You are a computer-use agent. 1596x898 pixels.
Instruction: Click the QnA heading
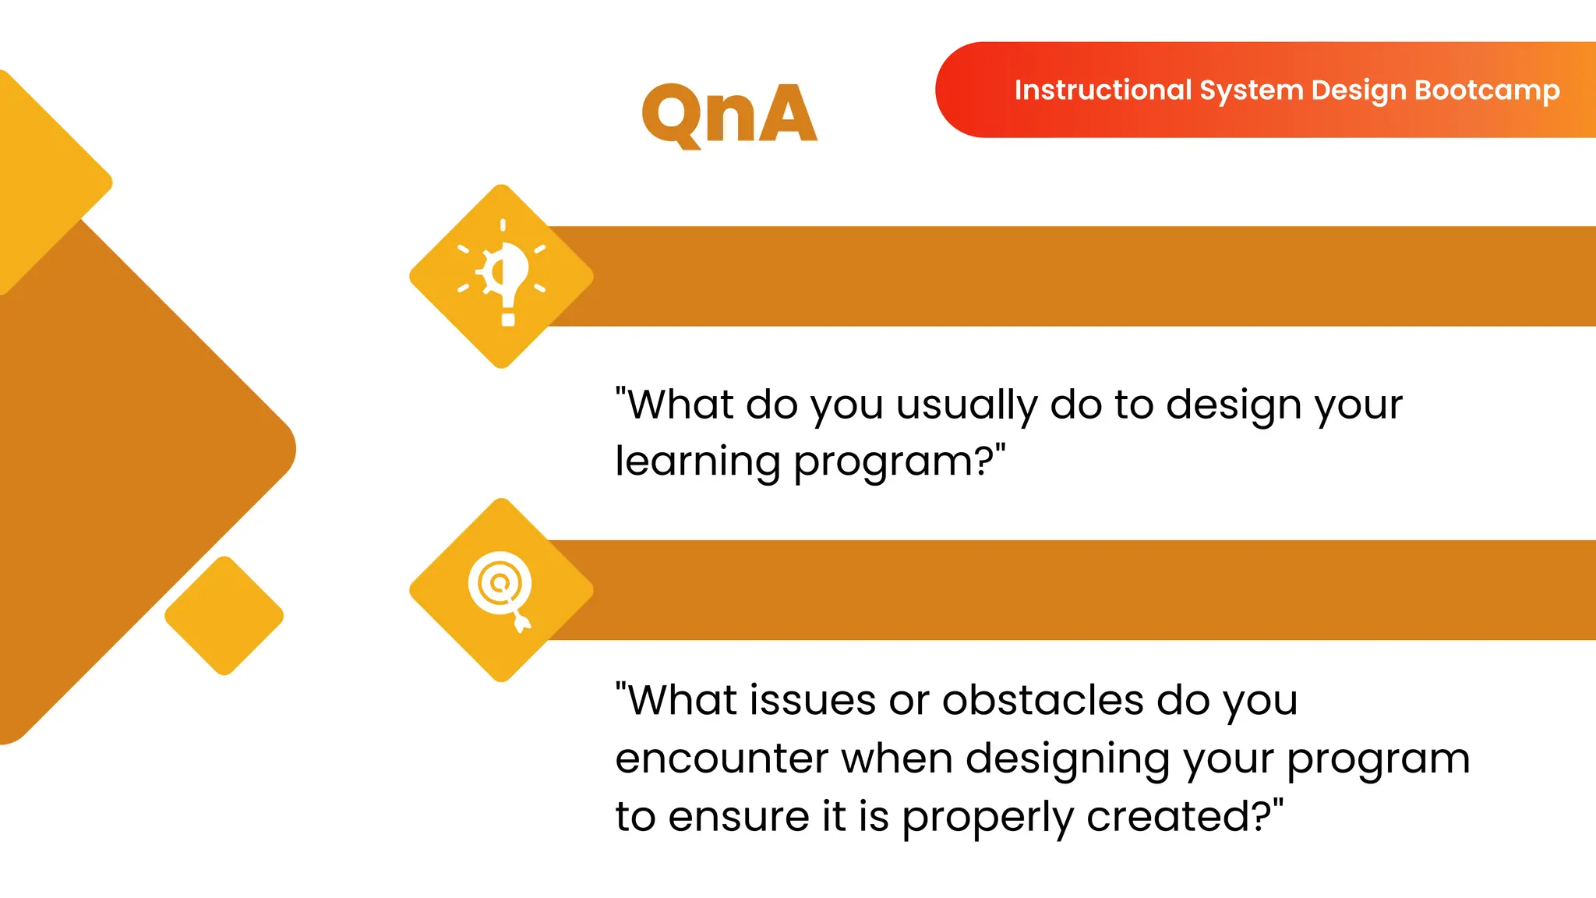tap(729, 115)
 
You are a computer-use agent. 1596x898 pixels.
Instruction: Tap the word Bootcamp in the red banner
tap(1487, 90)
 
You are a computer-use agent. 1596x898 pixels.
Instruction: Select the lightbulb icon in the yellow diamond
tap(503, 275)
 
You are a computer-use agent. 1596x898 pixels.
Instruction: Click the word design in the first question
tap(1236, 405)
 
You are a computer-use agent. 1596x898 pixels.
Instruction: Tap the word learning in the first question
tap(697, 462)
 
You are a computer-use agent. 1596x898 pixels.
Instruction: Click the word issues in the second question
tap(813, 700)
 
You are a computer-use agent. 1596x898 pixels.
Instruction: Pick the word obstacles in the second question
tap(1043, 700)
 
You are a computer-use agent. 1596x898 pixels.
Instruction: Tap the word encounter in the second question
tap(721, 758)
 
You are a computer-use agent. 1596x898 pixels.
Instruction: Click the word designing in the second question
tap(1067, 758)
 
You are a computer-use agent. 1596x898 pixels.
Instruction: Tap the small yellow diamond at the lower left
tap(224, 616)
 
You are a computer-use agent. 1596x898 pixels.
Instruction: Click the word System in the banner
tap(1251, 90)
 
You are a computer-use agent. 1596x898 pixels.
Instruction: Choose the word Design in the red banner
tap(1358, 90)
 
